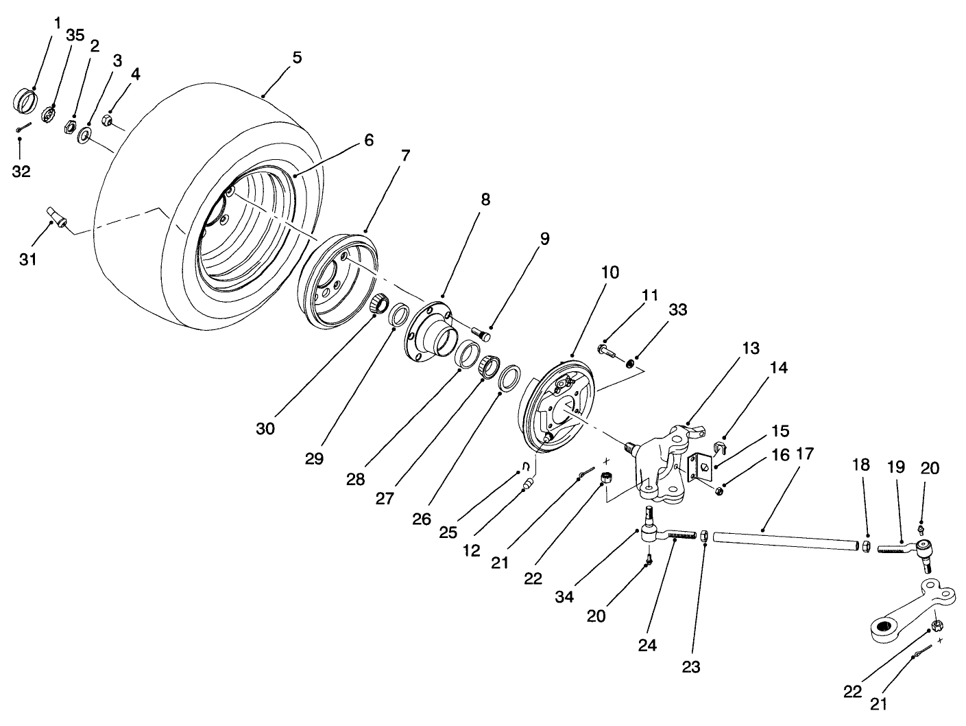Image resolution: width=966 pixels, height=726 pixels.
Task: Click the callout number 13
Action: (750, 349)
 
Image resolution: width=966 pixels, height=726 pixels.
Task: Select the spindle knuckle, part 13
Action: (662, 460)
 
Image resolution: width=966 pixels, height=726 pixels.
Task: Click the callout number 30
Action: (265, 428)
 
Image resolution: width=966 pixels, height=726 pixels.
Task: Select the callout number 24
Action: (647, 645)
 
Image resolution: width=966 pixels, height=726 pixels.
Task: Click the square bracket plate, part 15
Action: (698, 469)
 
